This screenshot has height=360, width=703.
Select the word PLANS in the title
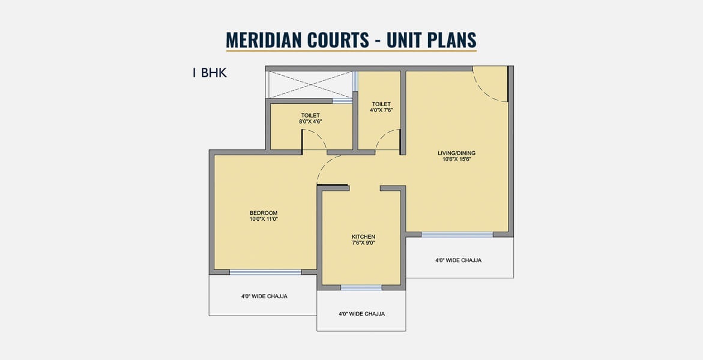[x=451, y=40]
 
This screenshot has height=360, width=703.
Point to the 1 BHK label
[x=210, y=73]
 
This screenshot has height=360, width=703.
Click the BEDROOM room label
[x=264, y=212]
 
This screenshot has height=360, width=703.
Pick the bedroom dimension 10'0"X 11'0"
[x=264, y=219]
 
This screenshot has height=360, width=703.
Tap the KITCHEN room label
[x=363, y=236]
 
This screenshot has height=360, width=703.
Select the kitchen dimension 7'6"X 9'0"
[x=363, y=243]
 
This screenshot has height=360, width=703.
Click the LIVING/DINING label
[x=457, y=153]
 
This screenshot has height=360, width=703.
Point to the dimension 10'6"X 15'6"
[x=457, y=159]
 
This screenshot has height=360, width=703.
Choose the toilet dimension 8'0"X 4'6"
[x=310, y=121]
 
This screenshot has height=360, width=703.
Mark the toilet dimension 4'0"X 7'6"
[x=381, y=110]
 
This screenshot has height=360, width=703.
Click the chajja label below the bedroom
[x=265, y=296]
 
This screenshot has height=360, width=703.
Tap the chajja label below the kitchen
[x=361, y=314]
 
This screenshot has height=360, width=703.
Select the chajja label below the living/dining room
[x=458, y=260]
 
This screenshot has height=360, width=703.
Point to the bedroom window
[x=265, y=272]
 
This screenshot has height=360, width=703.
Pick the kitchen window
[x=361, y=288]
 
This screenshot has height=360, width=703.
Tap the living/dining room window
[x=457, y=235]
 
